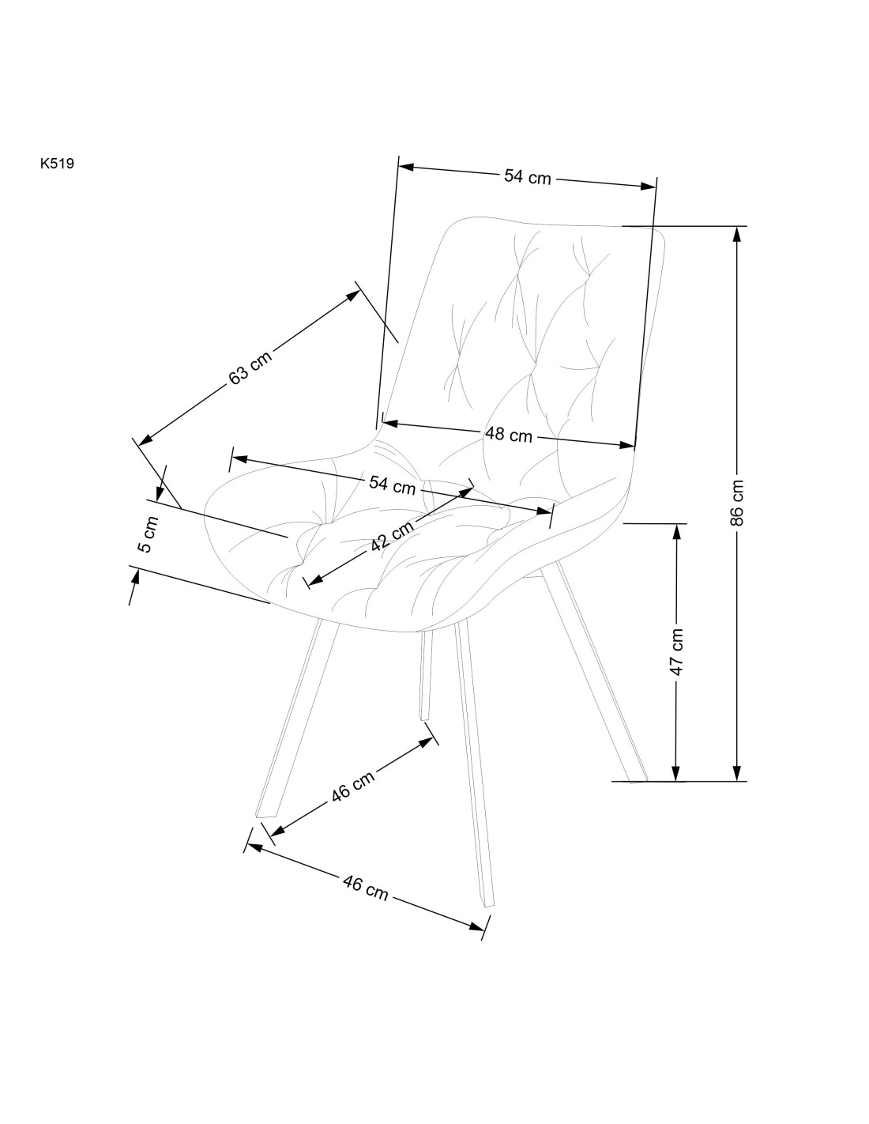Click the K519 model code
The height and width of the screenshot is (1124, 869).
pos(57,164)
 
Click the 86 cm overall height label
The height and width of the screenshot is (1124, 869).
pos(736,503)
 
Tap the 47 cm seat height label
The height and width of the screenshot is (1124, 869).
pos(676,652)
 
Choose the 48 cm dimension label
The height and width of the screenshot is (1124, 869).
pos(508,435)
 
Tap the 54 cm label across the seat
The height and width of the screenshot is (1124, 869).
pos(392,485)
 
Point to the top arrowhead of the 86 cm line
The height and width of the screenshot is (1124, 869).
pos(737,235)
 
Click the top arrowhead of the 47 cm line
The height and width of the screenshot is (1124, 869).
pos(676,531)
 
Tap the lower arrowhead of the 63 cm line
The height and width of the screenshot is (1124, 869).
pos(146,439)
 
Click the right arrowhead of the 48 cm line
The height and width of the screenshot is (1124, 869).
pos(627,445)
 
